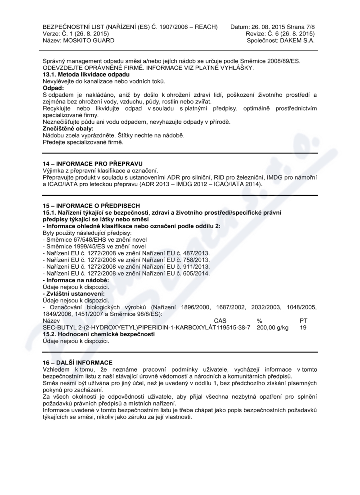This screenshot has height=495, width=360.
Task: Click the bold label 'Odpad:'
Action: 53,88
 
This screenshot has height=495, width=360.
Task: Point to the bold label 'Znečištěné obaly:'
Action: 68,129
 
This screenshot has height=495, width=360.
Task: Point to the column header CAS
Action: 220,320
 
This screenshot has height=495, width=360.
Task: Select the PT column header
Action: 303,320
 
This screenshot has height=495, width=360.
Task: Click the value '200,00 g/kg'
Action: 273,328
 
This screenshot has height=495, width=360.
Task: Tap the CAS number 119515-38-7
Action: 230,328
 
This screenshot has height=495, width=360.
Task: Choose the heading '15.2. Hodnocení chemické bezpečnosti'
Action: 99,334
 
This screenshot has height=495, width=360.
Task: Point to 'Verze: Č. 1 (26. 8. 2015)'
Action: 76,34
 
